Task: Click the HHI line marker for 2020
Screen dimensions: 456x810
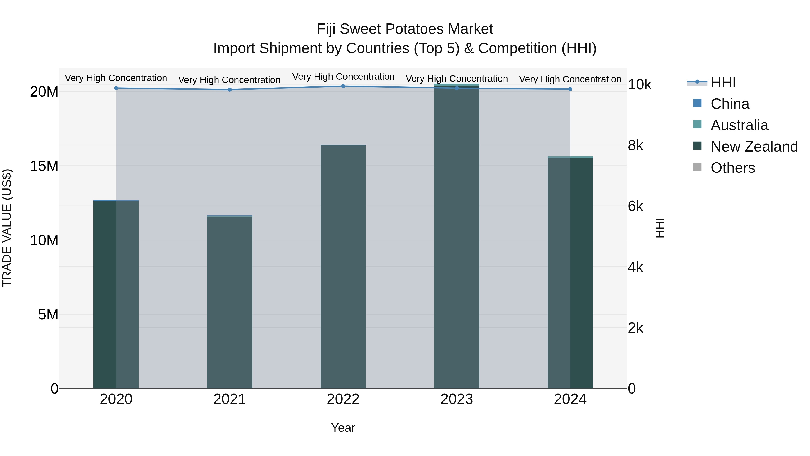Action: pyautogui.click(x=116, y=88)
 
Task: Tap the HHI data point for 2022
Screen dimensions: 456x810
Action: pyautogui.click(x=343, y=86)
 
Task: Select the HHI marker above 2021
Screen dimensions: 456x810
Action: pyautogui.click(x=229, y=90)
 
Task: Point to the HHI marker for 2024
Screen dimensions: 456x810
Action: pyautogui.click(x=570, y=89)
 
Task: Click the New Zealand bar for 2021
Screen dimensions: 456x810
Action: pyautogui.click(x=229, y=302)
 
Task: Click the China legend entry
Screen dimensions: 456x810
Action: pyautogui.click(x=729, y=104)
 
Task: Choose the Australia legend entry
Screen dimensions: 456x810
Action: pyautogui.click(x=739, y=125)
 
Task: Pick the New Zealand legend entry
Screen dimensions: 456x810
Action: pyautogui.click(x=754, y=147)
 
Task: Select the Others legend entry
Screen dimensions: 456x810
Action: pyautogui.click(x=732, y=168)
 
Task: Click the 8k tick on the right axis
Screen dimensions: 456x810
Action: pyautogui.click(x=635, y=145)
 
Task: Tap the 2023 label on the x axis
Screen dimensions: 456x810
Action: pyautogui.click(x=457, y=399)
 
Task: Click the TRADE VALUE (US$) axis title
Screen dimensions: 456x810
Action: pyautogui.click(x=7, y=228)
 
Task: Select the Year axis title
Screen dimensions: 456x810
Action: pyautogui.click(x=343, y=428)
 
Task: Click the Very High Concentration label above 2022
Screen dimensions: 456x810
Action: pyautogui.click(x=343, y=77)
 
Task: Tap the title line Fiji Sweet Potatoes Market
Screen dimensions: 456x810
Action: pyautogui.click(x=405, y=29)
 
